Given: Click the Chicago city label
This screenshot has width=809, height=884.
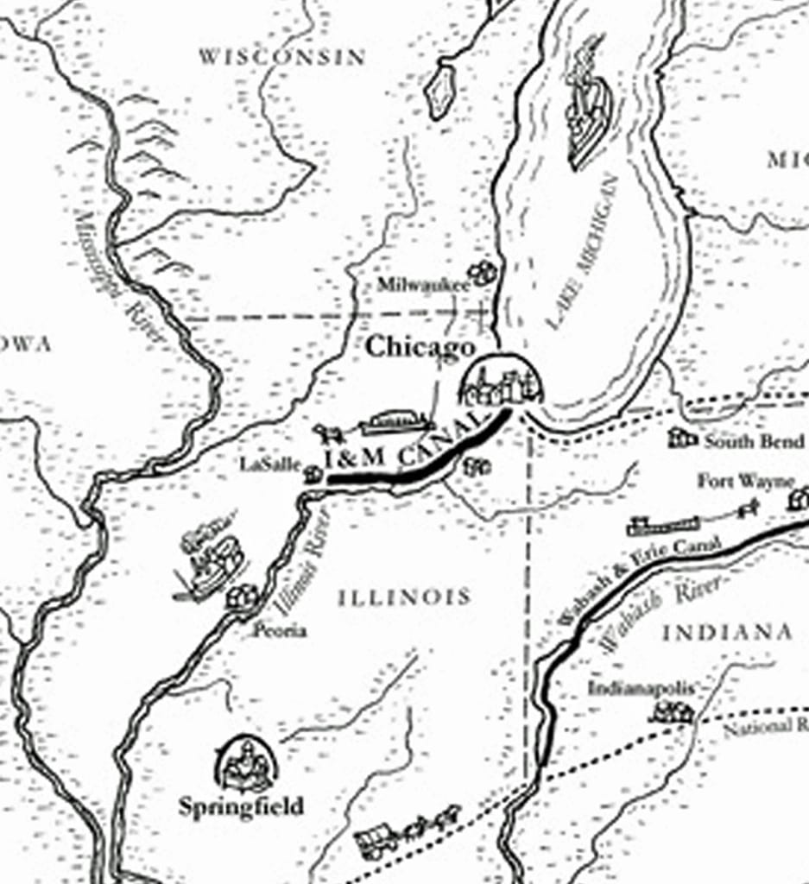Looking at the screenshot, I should click(x=420, y=347).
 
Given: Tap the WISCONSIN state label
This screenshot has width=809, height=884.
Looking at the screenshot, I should click(x=282, y=57).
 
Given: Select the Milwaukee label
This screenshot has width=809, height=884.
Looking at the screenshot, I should click(x=423, y=284).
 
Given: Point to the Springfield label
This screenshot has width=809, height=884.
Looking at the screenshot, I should click(x=241, y=807).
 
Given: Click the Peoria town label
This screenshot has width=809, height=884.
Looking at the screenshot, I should click(x=279, y=631).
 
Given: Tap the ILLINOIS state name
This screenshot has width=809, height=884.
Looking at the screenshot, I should click(x=404, y=597).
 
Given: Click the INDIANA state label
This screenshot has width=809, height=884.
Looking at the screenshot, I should click(x=727, y=633).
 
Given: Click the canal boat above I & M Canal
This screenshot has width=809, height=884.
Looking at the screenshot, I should click(x=395, y=422).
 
